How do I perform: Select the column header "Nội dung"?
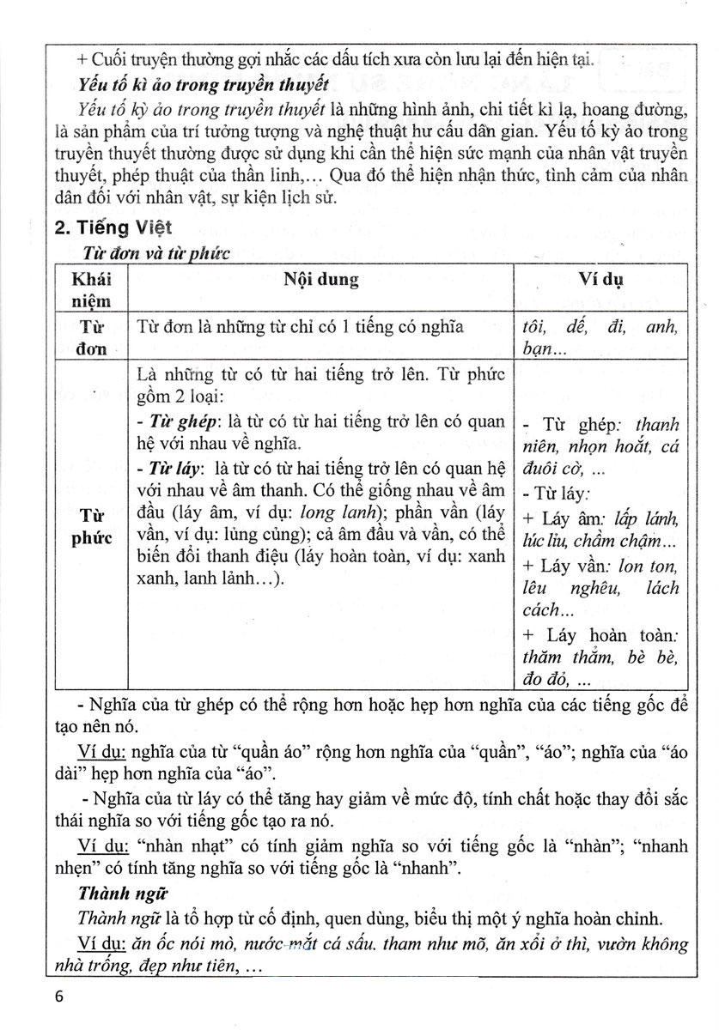321,281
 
